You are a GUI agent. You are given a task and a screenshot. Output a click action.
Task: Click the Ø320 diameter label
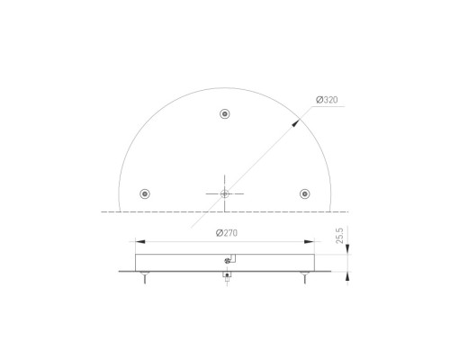327,100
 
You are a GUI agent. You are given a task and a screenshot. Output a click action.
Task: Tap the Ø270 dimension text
227,233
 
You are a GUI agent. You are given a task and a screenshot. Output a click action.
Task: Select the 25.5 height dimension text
339,236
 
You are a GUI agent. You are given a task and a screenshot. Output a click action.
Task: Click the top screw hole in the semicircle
225,114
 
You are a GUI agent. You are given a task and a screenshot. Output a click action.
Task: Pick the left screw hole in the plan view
145,193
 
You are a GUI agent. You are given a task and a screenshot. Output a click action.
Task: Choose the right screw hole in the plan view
305,193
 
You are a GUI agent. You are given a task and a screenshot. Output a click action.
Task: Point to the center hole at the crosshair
225,193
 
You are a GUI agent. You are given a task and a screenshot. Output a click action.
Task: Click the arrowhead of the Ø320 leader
295,122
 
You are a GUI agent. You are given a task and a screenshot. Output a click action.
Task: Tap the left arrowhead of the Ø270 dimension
140,241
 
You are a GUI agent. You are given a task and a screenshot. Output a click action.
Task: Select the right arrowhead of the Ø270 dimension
310,241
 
